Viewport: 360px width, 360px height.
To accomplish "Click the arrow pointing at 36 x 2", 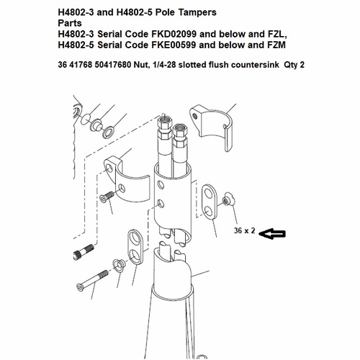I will point(274,233).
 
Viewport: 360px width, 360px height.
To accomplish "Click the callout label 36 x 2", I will point(245,232).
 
